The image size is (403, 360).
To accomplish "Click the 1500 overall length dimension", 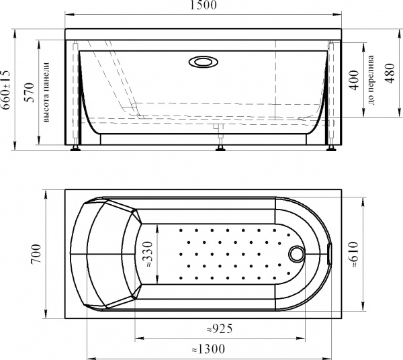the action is point(203,5).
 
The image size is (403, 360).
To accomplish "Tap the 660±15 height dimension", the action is point(5,89).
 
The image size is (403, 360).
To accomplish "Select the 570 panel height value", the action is point(29,93).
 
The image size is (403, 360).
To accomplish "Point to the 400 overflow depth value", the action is point(355,80).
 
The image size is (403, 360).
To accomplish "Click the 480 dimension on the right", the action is point(390,73).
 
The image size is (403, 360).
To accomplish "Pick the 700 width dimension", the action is point(36,254).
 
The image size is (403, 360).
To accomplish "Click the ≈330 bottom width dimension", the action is point(148,255).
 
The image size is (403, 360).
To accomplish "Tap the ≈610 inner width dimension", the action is point(354,255).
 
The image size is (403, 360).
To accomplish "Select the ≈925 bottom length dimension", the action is point(220,328).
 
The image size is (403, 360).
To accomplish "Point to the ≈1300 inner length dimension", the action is point(208,349).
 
